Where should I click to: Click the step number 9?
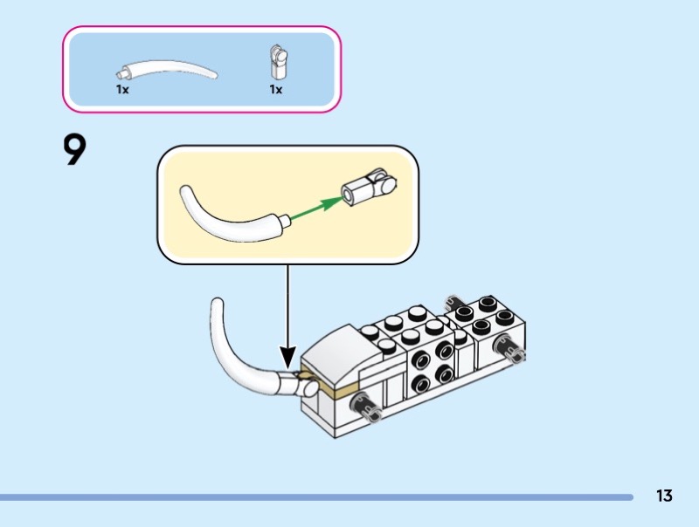[75, 150]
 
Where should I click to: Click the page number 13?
[664, 496]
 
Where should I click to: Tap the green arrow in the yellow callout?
[315, 207]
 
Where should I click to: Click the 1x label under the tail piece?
[122, 89]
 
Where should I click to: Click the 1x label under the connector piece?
[276, 89]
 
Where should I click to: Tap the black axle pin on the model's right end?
[511, 348]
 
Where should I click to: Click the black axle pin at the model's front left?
[365, 406]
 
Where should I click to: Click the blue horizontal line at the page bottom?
[315, 497]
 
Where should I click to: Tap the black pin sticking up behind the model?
[452, 304]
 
